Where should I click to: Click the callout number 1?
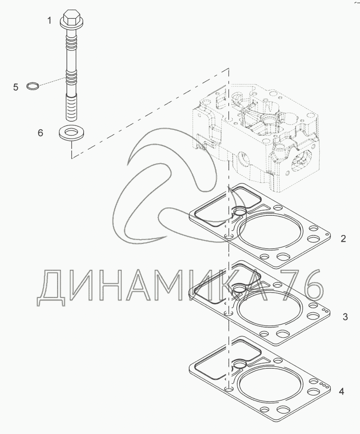(50, 20)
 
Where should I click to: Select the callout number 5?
(16, 87)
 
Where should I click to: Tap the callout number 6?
(40, 133)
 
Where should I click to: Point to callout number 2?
(343, 239)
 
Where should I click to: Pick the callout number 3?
(345, 317)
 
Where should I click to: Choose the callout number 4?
(341, 391)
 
